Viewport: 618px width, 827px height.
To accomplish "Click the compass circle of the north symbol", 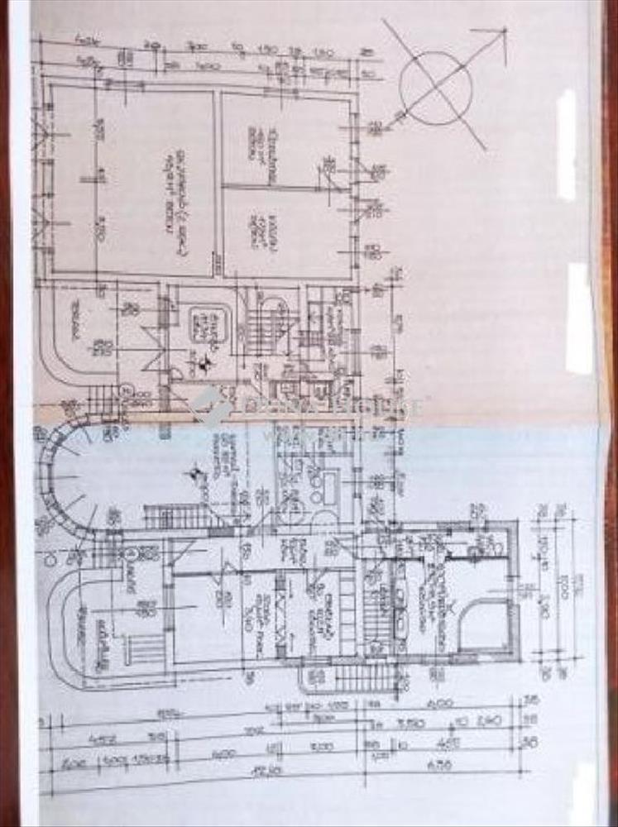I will (435, 88).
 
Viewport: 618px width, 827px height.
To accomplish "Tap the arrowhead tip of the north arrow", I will (504, 31).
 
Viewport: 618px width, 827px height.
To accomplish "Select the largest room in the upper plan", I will (132, 182).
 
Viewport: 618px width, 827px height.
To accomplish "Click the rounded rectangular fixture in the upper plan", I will (204, 327).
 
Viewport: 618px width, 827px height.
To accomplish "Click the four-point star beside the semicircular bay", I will (196, 474).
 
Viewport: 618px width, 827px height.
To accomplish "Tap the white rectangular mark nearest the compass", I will (567, 145).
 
